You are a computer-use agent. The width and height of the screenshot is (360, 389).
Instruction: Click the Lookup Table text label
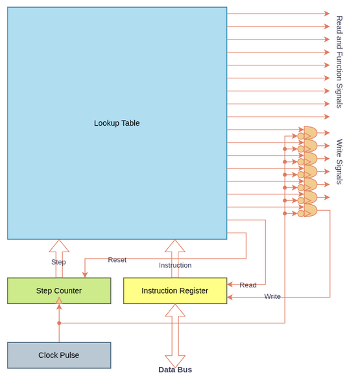click(x=117, y=123)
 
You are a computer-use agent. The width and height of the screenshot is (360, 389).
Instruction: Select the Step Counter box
click(x=59, y=290)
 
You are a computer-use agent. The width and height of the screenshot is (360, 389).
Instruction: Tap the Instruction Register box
click(x=175, y=290)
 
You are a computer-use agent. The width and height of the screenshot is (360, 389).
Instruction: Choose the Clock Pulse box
click(x=59, y=355)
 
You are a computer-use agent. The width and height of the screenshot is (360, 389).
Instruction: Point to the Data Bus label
click(x=175, y=370)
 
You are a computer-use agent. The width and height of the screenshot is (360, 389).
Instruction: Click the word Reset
click(x=117, y=260)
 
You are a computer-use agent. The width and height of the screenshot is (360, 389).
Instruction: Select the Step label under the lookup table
click(x=58, y=262)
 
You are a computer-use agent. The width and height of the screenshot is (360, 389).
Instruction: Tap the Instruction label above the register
click(x=175, y=265)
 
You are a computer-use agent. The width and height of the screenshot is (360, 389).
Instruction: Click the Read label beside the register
click(x=248, y=285)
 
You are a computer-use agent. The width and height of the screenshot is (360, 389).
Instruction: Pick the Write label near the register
click(x=272, y=296)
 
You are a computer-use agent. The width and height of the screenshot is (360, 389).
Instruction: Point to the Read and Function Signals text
click(x=339, y=62)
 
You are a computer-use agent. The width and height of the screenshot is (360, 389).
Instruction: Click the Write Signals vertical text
click(x=339, y=162)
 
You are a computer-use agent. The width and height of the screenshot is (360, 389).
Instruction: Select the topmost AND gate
click(x=310, y=133)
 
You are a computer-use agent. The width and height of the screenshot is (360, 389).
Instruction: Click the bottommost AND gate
click(x=310, y=210)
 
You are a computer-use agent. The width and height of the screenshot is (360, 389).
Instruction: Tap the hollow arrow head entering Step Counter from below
click(x=59, y=301)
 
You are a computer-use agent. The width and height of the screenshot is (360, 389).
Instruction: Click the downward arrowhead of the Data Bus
click(x=175, y=361)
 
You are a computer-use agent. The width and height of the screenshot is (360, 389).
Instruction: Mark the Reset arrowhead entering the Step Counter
click(x=85, y=275)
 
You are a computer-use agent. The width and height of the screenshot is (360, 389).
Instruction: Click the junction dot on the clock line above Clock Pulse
click(x=59, y=323)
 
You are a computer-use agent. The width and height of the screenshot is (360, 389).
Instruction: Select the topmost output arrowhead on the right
click(x=327, y=14)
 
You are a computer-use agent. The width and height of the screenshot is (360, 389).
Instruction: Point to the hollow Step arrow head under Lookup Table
click(x=59, y=246)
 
